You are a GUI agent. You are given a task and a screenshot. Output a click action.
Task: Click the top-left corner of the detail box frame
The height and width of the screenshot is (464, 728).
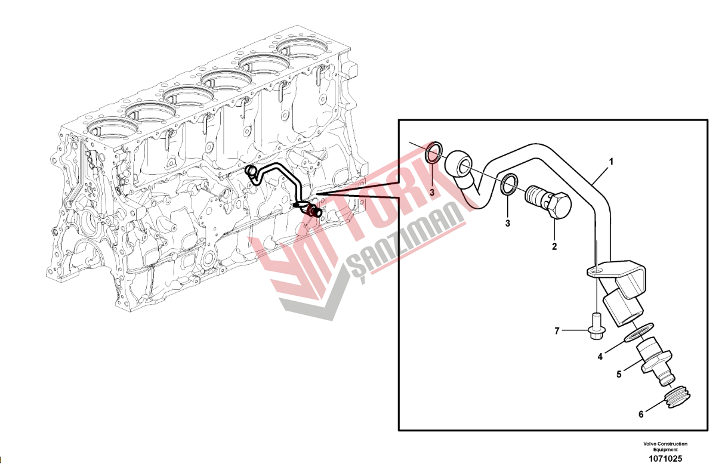(399, 120)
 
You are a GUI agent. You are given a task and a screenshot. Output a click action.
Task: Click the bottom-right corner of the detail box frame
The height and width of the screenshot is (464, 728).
(708, 430)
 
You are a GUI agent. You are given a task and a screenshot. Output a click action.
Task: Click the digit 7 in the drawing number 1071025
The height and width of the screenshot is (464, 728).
(669, 459)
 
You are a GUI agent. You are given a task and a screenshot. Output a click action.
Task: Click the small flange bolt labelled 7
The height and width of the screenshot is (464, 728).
(596, 327)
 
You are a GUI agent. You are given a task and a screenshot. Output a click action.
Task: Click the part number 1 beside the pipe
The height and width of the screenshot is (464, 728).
(611, 162)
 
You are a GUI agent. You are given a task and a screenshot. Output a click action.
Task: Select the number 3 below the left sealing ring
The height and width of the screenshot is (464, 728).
(432, 193)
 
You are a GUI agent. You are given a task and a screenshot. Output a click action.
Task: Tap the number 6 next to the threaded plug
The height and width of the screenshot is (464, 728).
(641, 414)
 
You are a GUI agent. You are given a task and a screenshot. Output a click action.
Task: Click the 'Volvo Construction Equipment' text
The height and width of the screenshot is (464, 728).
(665, 447)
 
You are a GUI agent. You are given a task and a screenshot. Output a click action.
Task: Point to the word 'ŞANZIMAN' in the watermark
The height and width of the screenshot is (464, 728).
(406, 240)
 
